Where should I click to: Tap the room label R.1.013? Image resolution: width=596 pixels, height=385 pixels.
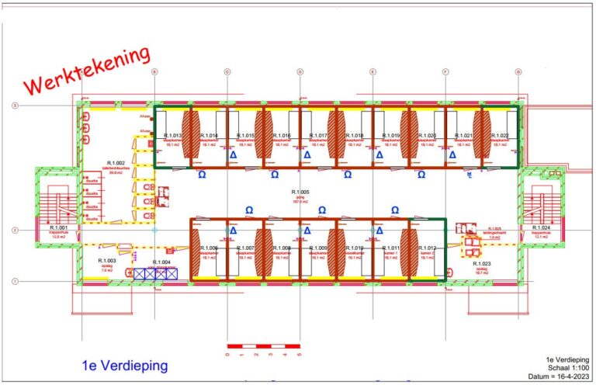pyautogui.click(x=172, y=135)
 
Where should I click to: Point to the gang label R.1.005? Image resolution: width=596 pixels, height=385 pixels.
pyautogui.click(x=300, y=192)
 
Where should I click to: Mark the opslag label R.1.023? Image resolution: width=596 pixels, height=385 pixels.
pyautogui.click(x=481, y=263)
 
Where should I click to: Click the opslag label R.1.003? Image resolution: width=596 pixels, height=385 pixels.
pyautogui.click(x=106, y=261)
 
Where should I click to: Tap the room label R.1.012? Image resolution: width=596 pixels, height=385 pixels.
pyautogui.click(x=427, y=248)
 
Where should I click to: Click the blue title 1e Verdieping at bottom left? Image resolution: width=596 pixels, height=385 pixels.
pyautogui.click(x=124, y=365)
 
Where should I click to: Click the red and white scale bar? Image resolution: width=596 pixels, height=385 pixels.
pyautogui.click(x=262, y=344)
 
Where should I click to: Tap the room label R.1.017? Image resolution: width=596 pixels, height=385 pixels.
pyautogui.click(x=318, y=135)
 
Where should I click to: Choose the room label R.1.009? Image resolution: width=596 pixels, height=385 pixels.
pyautogui.click(x=318, y=248)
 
